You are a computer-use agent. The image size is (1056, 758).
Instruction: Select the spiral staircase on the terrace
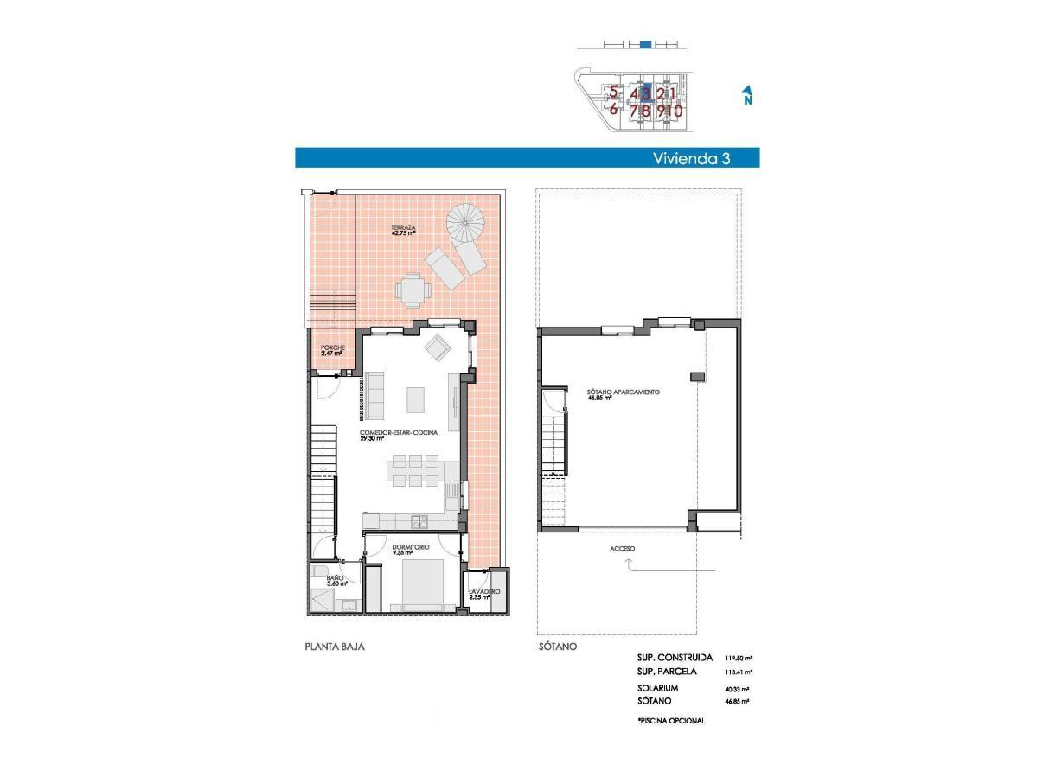click(467, 223)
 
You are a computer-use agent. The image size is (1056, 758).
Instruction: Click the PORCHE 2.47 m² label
click(332, 350)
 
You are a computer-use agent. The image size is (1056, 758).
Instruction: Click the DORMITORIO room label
click(406, 549)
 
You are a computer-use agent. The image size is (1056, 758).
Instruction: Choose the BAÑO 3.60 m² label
click(336, 581)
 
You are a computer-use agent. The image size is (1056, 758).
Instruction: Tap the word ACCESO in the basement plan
click(622, 549)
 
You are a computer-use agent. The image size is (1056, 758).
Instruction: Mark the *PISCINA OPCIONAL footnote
click(670, 720)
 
